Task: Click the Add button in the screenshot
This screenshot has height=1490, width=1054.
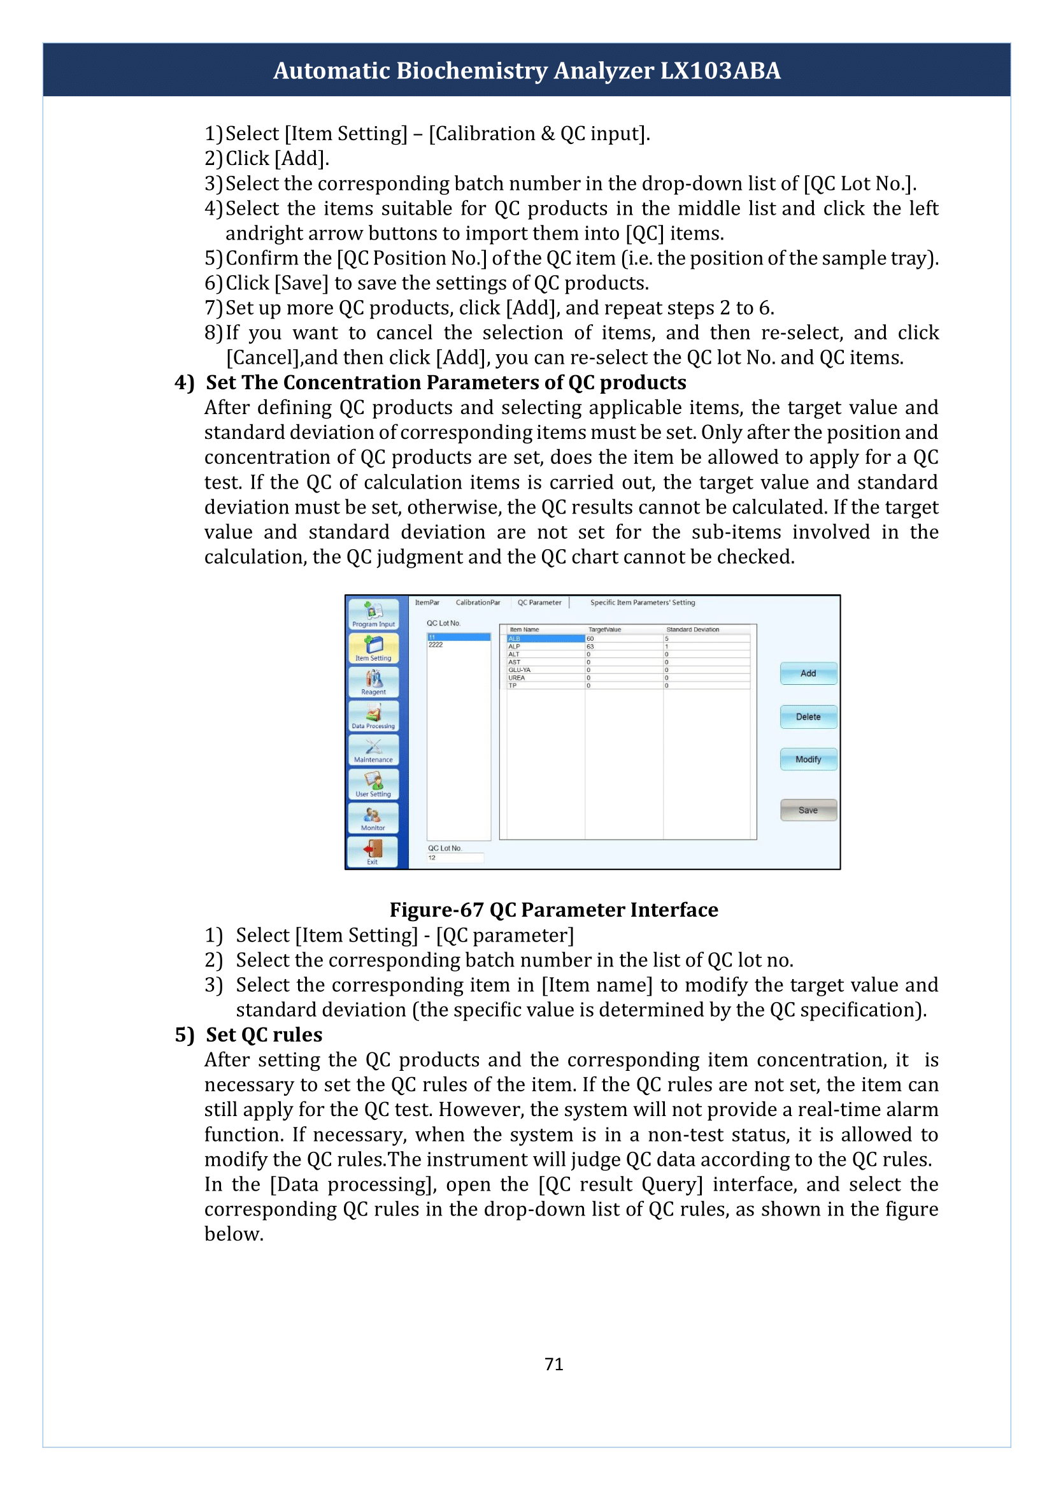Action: [808, 673]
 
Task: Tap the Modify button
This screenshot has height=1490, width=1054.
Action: [808, 759]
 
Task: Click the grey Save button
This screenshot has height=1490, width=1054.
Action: [808, 810]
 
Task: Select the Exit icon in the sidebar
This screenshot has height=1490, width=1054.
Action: [373, 851]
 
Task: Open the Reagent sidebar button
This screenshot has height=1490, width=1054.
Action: [373, 682]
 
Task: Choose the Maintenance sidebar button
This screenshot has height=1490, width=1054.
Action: [373, 749]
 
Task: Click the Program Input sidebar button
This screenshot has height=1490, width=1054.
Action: [373, 614]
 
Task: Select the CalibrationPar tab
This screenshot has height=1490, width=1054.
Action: [478, 603]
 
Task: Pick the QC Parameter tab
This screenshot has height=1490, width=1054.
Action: [539, 603]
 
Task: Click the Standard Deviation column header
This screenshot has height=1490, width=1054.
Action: [692, 629]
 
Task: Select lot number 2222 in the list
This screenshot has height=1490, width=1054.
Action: [436, 645]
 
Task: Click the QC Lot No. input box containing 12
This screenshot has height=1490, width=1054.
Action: [455, 857]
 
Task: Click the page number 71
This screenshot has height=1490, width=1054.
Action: [553, 1364]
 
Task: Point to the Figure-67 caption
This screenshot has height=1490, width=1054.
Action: [553, 910]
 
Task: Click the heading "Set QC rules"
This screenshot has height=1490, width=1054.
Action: [264, 1035]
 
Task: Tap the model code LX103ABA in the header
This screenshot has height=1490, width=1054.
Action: [720, 70]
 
